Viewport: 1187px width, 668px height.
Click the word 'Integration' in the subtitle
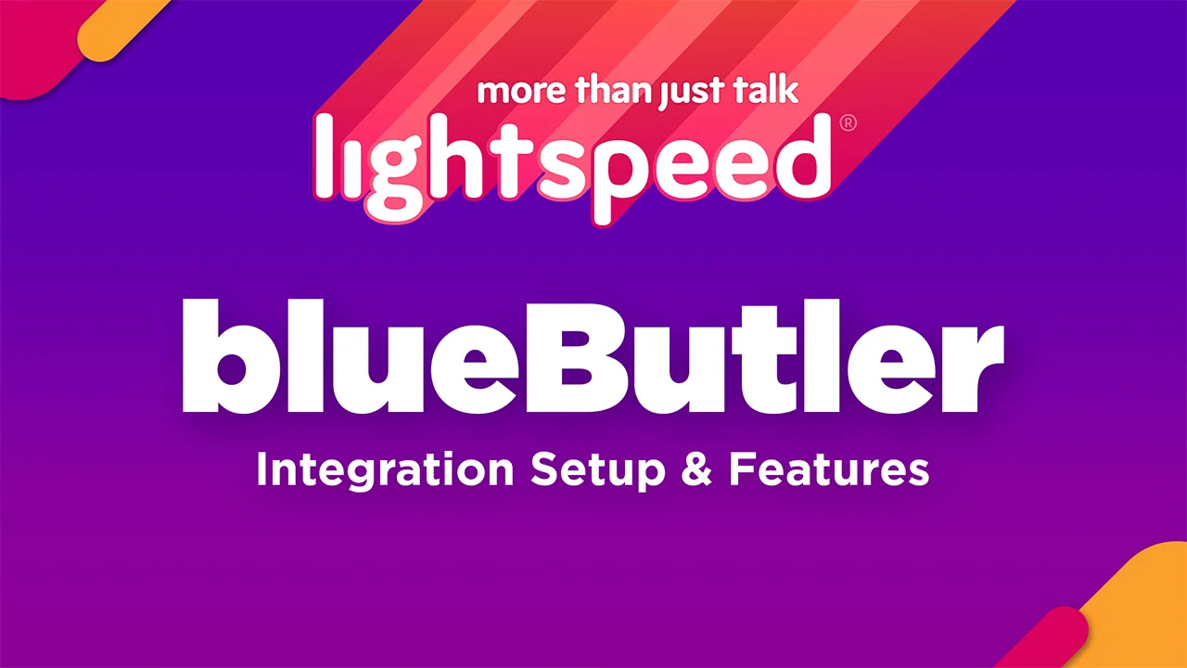coord(385,470)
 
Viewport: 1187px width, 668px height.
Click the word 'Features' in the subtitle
coord(828,470)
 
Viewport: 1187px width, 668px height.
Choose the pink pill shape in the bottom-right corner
coord(1048,640)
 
